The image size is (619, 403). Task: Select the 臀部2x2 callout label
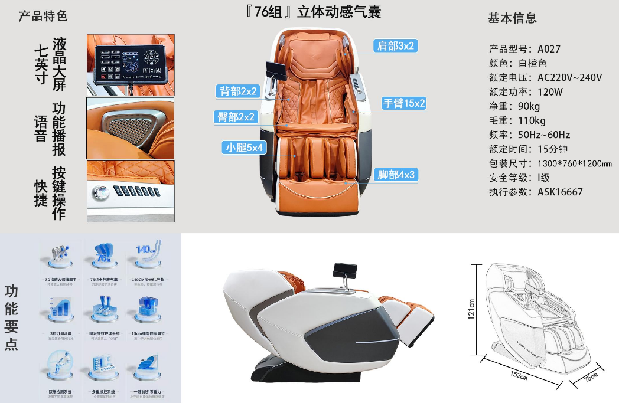click(236, 117)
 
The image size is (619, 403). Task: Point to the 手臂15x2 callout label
click(404, 103)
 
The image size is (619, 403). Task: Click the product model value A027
click(549, 49)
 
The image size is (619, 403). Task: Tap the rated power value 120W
click(550, 92)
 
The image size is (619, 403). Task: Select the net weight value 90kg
click(527, 106)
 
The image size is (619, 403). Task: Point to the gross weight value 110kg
click(530, 121)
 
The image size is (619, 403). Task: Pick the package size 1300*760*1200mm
click(574, 163)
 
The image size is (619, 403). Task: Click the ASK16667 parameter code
click(560, 192)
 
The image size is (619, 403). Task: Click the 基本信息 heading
click(512, 18)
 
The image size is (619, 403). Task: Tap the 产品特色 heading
click(43, 16)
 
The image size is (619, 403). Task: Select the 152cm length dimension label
click(518, 373)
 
